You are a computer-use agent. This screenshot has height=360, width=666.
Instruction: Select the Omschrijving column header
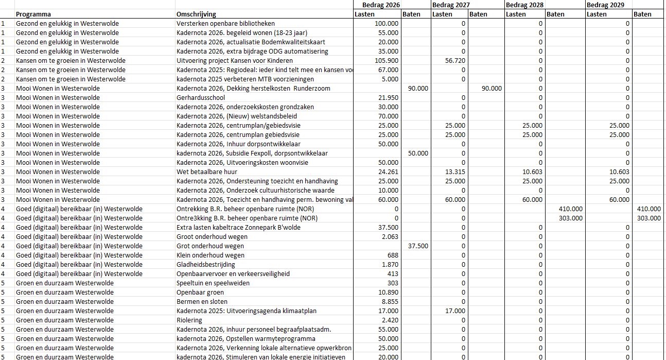tap(196, 14)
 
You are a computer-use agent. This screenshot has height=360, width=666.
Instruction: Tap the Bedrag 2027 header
tap(451, 5)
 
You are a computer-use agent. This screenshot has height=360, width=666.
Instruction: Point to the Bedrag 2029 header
tap(605, 5)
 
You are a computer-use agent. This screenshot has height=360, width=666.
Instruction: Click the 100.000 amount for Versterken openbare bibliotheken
tap(386, 24)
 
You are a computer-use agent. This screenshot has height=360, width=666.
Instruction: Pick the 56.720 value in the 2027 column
tap(455, 61)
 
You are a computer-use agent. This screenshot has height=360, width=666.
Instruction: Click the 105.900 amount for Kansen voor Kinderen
tap(386, 61)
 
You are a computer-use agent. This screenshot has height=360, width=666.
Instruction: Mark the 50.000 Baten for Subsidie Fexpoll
tap(418, 153)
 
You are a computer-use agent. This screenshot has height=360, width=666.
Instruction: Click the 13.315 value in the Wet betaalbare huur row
tap(455, 172)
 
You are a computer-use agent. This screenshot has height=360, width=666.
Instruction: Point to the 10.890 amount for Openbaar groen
tap(388, 293)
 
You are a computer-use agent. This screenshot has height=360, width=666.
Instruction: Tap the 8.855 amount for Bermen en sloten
tap(390, 302)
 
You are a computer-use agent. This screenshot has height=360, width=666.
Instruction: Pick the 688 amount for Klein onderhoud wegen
tap(393, 255)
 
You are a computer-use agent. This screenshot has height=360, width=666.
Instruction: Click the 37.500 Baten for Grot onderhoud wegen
tap(418, 246)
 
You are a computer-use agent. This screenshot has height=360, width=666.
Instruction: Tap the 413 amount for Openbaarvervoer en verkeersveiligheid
tap(393, 274)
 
